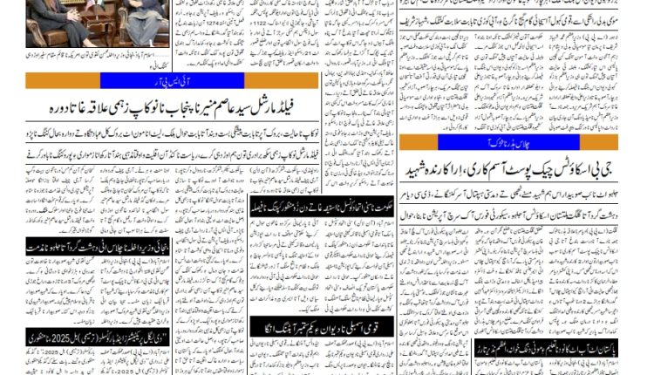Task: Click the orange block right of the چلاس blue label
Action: point(593,141)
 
